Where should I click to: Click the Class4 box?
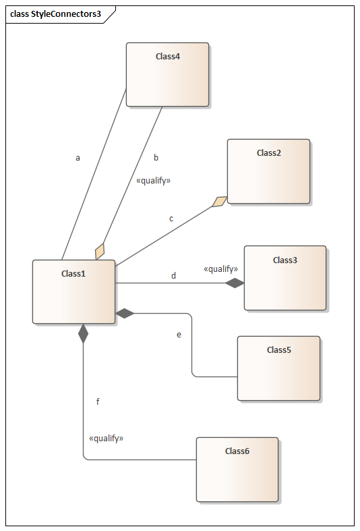pyautogui.click(x=167, y=74)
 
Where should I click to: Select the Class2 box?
pyautogui.click(x=268, y=171)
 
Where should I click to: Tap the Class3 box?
pyautogui.click(x=285, y=278)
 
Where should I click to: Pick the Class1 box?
pyautogui.click(x=73, y=292)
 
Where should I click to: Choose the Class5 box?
pyautogui.click(x=278, y=368)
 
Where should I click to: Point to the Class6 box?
pyautogui.click(x=237, y=470)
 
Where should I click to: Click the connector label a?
pyautogui.click(x=78, y=158)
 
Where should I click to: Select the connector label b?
pyautogui.click(x=156, y=157)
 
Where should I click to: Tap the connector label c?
pyautogui.click(x=171, y=219)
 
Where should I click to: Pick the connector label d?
pyautogui.click(x=173, y=276)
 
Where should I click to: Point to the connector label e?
pyautogui.click(x=179, y=335)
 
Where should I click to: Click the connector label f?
pyautogui.click(x=98, y=401)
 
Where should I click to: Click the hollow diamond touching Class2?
pyautogui.click(x=220, y=202)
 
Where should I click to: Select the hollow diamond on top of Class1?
pyautogui.click(x=100, y=252)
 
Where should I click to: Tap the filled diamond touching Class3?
pyautogui.click(x=235, y=283)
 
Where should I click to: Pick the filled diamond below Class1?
pyautogui.click(x=83, y=333)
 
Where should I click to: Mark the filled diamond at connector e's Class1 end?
pyautogui.click(x=125, y=314)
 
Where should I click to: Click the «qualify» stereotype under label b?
pyautogui.click(x=153, y=181)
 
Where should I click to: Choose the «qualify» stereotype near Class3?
pyautogui.click(x=220, y=269)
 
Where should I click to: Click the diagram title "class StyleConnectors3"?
pyautogui.click(x=55, y=14)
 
